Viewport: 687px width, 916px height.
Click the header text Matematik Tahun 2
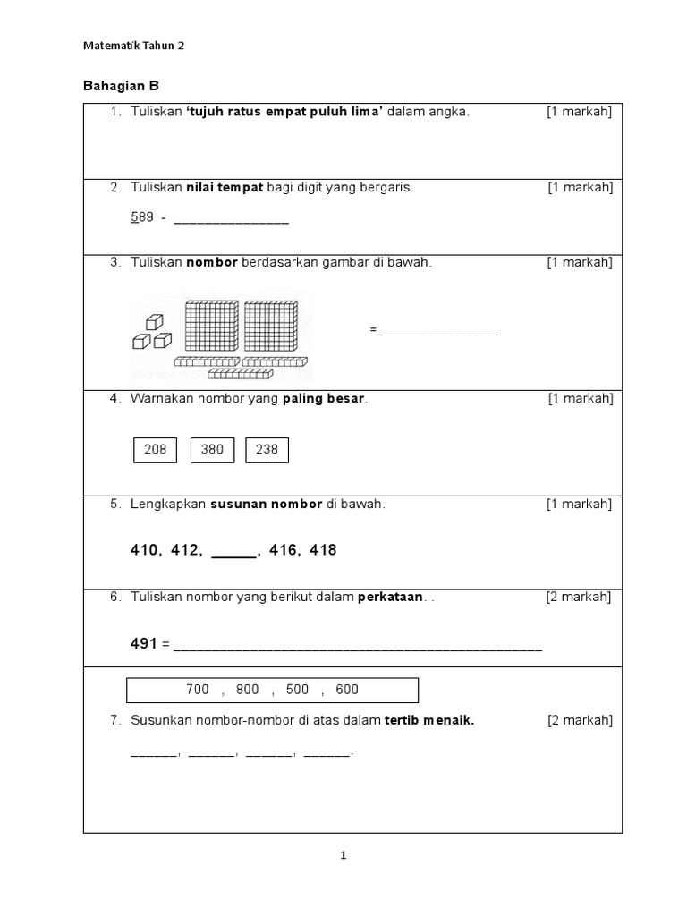[133, 46]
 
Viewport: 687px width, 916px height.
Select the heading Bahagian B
[121, 86]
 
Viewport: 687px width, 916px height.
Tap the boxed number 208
[156, 450]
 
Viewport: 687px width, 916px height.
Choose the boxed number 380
[212, 450]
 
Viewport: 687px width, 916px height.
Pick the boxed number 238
[267, 450]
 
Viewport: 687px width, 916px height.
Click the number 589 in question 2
[142, 217]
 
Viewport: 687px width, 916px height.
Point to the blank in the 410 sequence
[233, 551]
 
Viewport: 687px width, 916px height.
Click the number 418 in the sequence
[323, 550]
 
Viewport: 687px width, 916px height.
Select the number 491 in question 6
[144, 643]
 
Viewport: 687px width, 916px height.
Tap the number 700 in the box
[197, 690]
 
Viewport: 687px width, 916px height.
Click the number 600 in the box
[347, 690]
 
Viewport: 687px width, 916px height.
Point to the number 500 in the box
[298, 690]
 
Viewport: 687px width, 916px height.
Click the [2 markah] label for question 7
[579, 720]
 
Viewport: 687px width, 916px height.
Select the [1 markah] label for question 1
[579, 112]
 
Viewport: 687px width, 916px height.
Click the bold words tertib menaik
[429, 720]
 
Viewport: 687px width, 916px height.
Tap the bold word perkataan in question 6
[391, 597]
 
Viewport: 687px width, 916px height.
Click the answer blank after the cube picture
[441, 331]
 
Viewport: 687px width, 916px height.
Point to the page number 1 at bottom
[343, 856]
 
